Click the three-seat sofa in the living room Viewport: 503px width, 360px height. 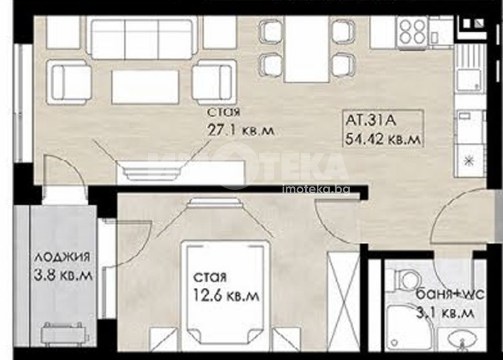(142, 39)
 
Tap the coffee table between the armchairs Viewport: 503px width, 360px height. (145, 86)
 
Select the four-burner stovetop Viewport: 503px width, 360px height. (413, 32)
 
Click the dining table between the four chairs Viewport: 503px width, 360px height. (306, 49)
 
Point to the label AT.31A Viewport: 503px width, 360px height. (371, 121)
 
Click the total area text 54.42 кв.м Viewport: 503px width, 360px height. (383, 139)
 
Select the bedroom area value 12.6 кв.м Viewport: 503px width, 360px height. (226, 296)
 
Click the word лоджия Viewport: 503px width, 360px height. (62, 257)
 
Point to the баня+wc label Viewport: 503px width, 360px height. (450, 295)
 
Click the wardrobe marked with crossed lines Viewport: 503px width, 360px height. (342, 301)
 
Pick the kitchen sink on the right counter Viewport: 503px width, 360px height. (468, 67)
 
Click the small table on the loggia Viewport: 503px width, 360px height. (64, 332)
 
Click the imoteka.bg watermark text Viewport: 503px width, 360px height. (316, 189)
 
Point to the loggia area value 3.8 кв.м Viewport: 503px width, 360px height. (63, 275)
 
